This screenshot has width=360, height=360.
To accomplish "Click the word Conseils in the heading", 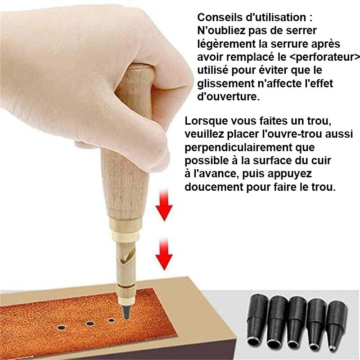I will (219, 18).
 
